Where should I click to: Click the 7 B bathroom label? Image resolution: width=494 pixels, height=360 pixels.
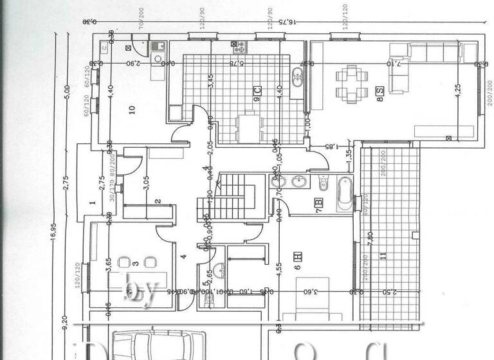(318, 205)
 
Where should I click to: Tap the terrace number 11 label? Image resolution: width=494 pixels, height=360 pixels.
(385, 256)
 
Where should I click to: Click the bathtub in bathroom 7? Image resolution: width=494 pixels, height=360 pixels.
(344, 192)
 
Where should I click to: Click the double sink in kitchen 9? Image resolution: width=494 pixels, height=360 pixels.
(298, 77)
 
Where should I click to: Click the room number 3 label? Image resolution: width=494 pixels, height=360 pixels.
(136, 263)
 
